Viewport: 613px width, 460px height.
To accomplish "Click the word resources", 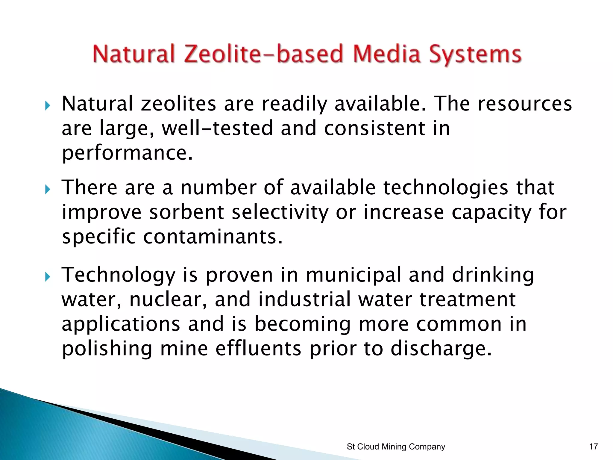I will pos(524,104).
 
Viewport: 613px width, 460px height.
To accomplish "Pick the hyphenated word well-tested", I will pos(217,128).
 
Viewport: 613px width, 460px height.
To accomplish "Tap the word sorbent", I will pos(186,212).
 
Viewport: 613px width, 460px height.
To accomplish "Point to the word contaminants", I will pos(213,237).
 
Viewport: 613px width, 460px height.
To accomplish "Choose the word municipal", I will pos(353,275).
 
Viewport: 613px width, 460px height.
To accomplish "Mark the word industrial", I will pos(304,299).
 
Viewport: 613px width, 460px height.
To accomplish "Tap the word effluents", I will pos(258,349).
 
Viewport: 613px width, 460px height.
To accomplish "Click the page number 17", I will pos(593,447).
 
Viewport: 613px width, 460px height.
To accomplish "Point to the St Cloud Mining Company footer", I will pos(396,447).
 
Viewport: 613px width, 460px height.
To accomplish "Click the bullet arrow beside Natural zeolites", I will pos(47,105).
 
